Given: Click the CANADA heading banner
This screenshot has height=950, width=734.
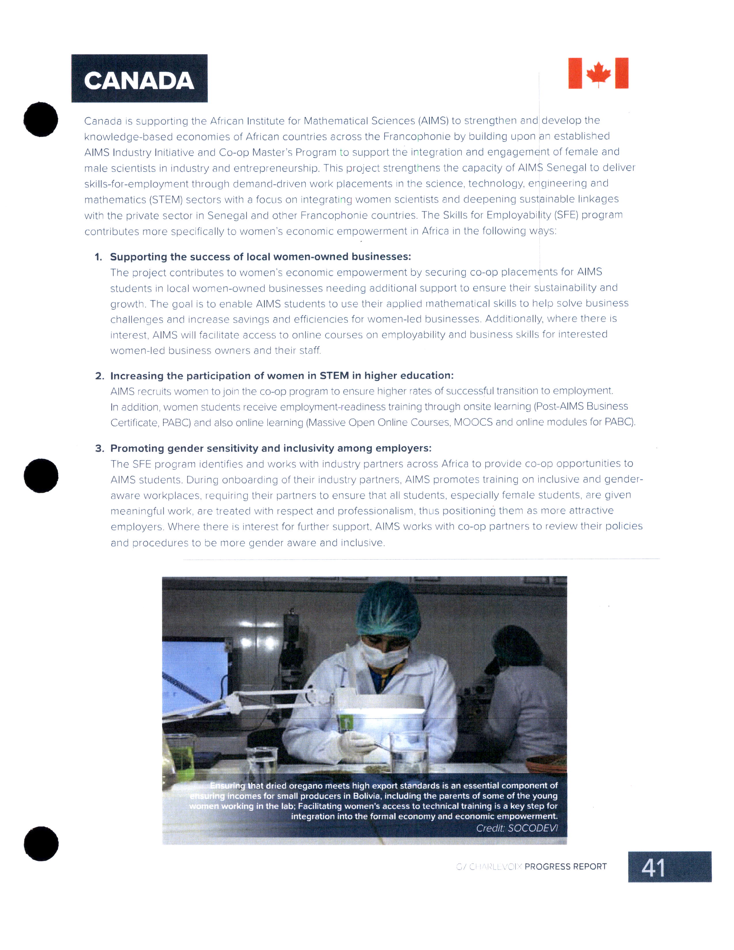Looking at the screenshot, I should point(139,79).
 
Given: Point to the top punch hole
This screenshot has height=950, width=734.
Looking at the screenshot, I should point(41,119).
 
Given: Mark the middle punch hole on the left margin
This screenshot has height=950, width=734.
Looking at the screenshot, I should point(41,476).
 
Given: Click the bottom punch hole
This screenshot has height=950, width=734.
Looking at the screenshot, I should point(41,843).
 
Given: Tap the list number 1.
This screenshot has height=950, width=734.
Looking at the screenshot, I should point(98,257).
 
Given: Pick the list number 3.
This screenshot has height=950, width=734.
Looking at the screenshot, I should point(99,449).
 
